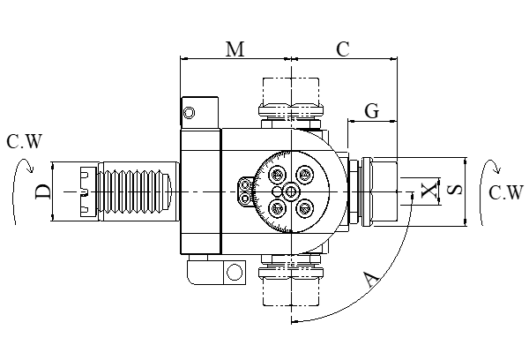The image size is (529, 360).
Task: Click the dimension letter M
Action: click(x=235, y=49)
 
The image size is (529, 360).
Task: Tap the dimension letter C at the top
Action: click(x=343, y=49)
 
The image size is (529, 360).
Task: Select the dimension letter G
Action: click(x=371, y=111)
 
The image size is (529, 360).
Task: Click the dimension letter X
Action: click(x=429, y=191)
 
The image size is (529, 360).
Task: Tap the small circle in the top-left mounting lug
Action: click(x=188, y=111)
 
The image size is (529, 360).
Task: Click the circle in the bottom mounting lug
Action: click(x=234, y=272)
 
